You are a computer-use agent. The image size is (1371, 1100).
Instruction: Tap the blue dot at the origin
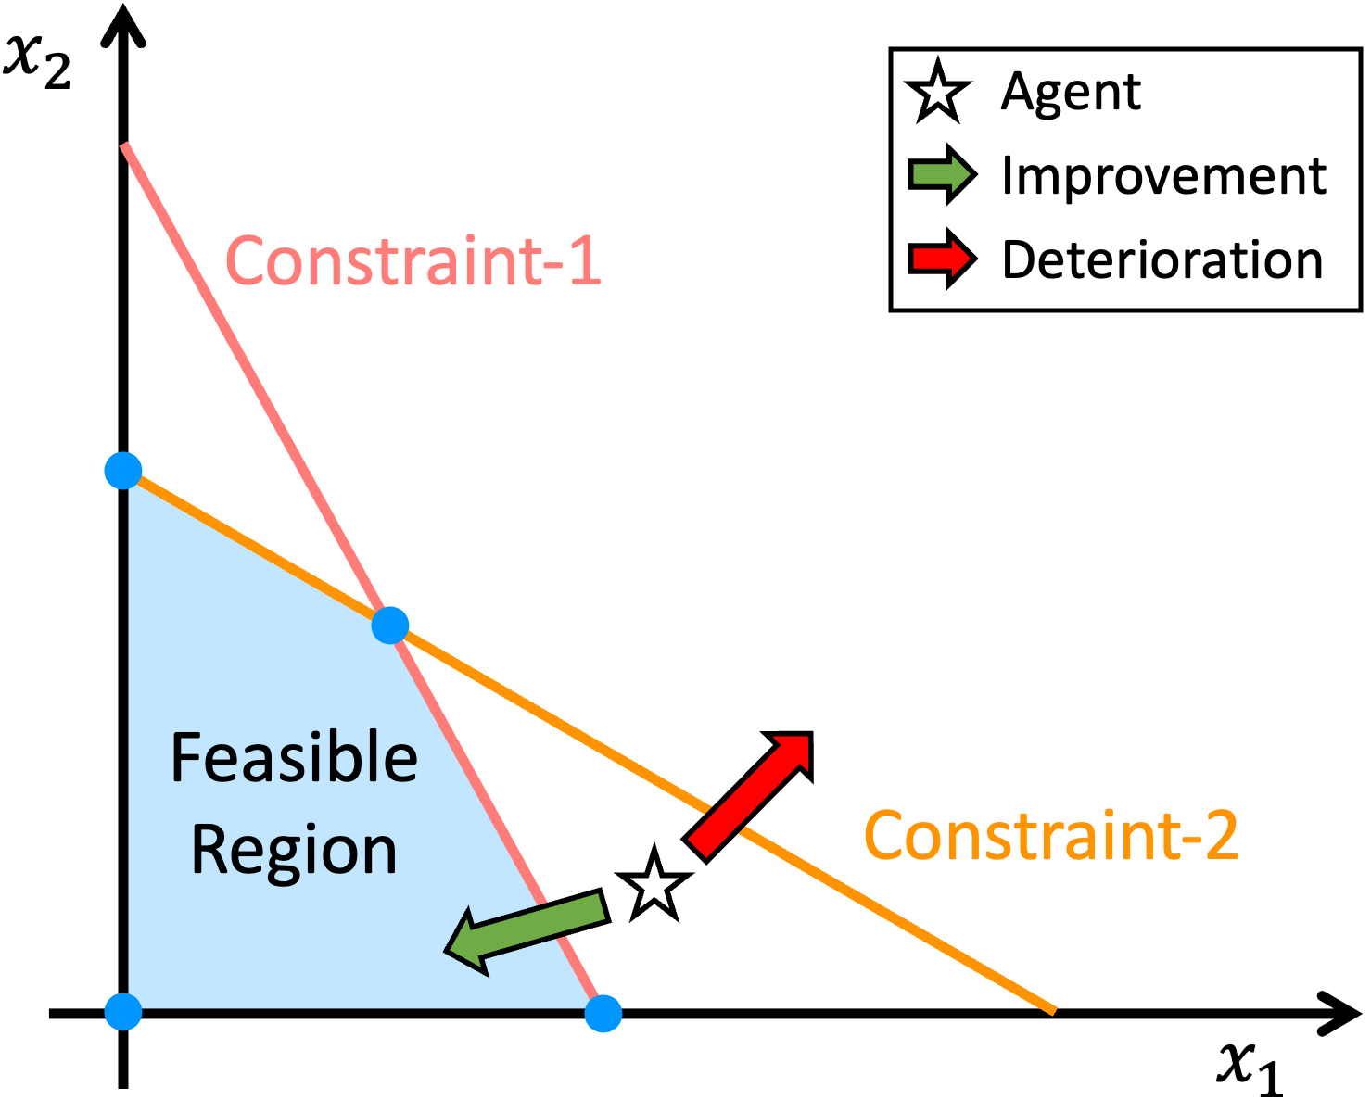pos(123,1011)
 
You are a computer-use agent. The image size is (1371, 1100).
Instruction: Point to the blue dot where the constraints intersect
pos(390,626)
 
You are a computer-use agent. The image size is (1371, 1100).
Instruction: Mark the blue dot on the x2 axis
pos(123,471)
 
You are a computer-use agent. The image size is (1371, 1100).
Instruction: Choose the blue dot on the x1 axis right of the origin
pos(603,1013)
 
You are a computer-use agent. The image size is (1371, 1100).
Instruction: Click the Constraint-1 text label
pos(413,261)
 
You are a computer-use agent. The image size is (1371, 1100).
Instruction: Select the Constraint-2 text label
pos(1051,836)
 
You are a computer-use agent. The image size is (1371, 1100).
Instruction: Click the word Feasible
pos(294,758)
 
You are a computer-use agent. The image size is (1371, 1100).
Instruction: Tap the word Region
pos(294,851)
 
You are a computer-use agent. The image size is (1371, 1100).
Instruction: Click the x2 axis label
pos(38,61)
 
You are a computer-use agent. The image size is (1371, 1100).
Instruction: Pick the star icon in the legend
pos(938,91)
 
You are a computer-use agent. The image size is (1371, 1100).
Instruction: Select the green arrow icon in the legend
pos(942,174)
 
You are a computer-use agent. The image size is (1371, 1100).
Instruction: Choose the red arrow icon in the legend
pos(942,259)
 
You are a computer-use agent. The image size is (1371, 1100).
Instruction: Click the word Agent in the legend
pos(1071,92)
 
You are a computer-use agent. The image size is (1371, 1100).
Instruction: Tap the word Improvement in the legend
pos(1163,176)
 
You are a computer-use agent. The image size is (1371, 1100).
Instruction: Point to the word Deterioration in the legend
pos(1162,259)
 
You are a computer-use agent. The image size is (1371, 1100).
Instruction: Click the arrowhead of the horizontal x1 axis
pos(1343,1013)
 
